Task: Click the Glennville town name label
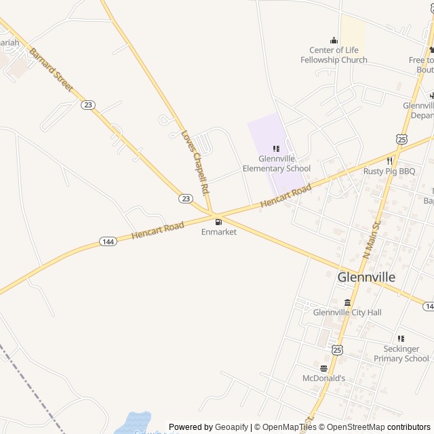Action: (x=366, y=277)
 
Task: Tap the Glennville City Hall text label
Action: (x=347, y=313)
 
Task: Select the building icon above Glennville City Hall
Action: (x=347, y=302)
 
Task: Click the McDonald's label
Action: (x=323, y=378)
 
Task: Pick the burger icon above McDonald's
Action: (x=323, y=368)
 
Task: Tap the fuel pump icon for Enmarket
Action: (x=218, y=221)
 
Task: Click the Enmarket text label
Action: (x=219, y=232)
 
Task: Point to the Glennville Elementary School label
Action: (x=276, y=163)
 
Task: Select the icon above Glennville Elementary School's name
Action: (x=276, y=149)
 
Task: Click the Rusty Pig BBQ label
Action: (x=389, y=172)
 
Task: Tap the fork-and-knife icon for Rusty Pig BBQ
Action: (x=389, y=161)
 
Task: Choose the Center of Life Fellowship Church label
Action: (x=334, y=55)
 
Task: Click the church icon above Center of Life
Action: (x=334, y=40)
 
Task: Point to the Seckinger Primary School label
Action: (x=401, y=353)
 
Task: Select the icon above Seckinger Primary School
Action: (x=401, y=338)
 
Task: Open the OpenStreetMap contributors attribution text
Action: (x=378, y=427)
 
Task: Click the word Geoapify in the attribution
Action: (x=231, y=427)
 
